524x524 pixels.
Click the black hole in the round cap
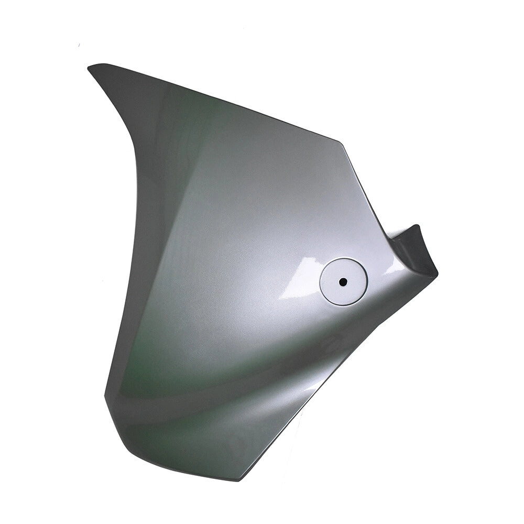pyautogui.click(x=343, y=281)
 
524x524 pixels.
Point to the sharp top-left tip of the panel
pyautogui.click(x=90, y=67)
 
